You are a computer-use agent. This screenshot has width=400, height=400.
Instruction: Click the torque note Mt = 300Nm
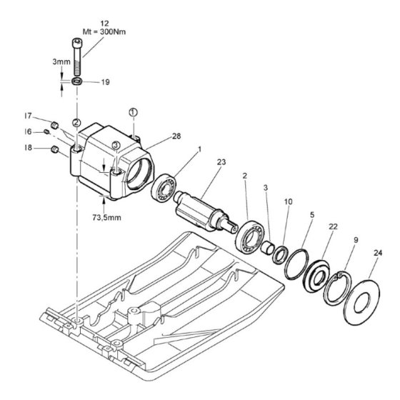pos(104,32)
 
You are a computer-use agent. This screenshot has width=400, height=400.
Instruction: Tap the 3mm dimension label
pos(61,61)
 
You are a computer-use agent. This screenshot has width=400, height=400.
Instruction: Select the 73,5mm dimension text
pos(106,217)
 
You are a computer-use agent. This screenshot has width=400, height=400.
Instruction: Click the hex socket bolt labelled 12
pos(78,56)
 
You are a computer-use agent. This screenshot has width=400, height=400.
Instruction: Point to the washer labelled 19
pos(77,82)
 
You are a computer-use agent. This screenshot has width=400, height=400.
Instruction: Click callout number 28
pos(176,136)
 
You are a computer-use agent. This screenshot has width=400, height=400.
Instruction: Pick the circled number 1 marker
pos(133,112)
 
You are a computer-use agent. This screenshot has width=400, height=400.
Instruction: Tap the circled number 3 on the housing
pos(116,145)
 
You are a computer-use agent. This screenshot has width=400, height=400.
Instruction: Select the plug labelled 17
pos(55,125)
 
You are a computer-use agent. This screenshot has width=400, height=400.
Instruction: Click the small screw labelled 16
pos(46,131)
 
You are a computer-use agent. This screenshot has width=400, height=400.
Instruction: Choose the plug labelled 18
pos(54,149)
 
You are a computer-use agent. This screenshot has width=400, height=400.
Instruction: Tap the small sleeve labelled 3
pos(268,249)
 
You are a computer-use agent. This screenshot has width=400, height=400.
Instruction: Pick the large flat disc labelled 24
pos(361,303)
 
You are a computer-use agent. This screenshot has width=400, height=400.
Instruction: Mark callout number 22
pos(333,226)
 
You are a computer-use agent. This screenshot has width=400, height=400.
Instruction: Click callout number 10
pos(289,201)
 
